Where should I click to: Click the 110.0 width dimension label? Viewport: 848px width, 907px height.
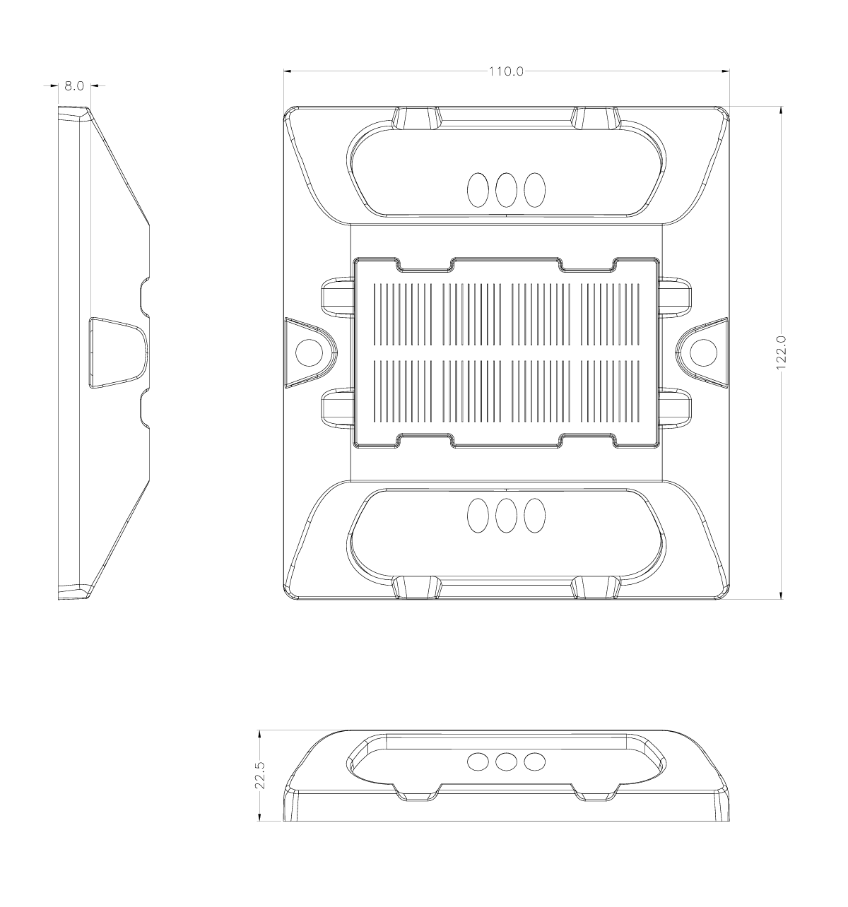[x=506, y=71]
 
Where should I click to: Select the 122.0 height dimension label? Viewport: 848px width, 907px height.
[x=781, y=352]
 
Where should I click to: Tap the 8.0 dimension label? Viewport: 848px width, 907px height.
[x=74, y=85]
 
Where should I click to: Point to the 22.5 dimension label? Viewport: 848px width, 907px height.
[x=259, y=775]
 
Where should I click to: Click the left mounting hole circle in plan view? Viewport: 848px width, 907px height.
[x=310, y=352]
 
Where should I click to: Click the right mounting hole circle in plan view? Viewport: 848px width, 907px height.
[x=703, y=352]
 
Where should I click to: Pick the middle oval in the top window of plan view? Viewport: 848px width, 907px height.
[x=506, y=189]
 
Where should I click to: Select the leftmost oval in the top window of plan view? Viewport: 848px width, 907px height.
[x=478, y=189]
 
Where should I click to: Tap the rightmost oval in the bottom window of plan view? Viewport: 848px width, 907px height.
[x=534, y=515]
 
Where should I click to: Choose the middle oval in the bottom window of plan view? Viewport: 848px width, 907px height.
[x=506, y=515]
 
